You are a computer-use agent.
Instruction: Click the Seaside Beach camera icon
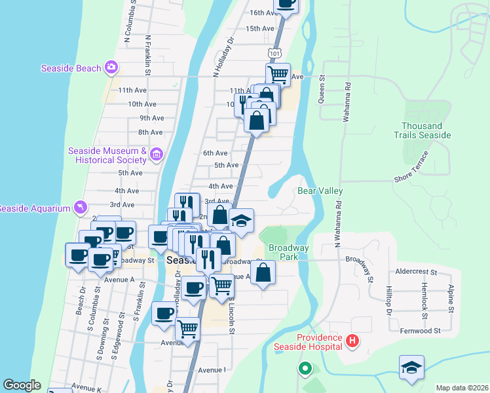click(111, 67)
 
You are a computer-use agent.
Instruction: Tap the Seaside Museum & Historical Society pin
click(156, 155)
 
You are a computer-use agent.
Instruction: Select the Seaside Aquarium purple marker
click(80, 207)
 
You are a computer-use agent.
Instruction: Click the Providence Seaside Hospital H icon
click(352, 341)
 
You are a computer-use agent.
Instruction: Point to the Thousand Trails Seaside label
click(426, 130)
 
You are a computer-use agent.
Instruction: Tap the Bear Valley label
click(320, 191)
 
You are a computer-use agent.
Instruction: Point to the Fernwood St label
click(420, 331)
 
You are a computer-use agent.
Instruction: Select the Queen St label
click(322, 87)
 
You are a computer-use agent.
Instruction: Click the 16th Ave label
click(265, 12)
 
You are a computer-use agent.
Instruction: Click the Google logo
click(22, 385)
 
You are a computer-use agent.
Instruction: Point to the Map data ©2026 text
click(462, 388)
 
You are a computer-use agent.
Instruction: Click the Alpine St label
click(451, 299)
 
